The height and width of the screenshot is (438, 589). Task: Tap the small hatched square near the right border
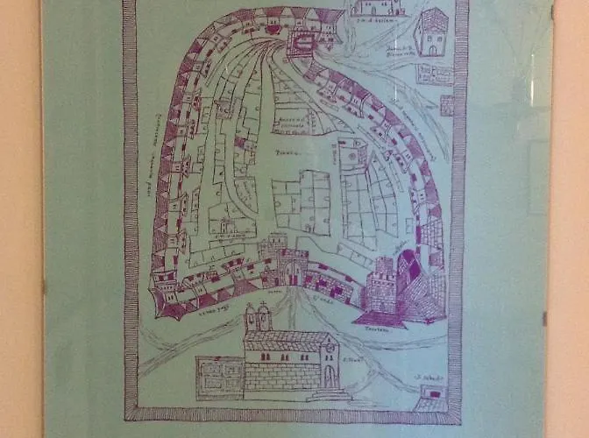tap(447, 105)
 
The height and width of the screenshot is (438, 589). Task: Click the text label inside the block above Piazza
tap(289, 121)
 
